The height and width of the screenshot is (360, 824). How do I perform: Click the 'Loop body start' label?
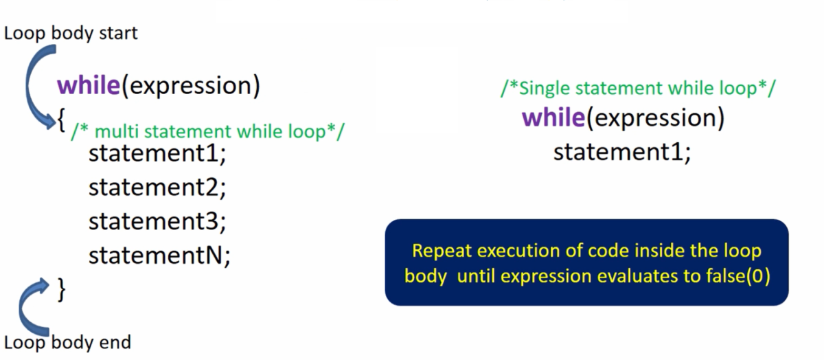(71, 34)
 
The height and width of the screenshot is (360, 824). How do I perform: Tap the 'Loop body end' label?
(67, 343)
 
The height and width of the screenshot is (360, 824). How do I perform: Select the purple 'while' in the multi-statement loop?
(89, 85)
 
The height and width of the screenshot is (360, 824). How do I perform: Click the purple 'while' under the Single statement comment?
(553, 117)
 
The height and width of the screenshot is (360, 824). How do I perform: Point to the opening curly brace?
(61, 120)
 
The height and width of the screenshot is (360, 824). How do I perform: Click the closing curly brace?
(61, 290)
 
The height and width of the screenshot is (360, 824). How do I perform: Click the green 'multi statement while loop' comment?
(208, 132)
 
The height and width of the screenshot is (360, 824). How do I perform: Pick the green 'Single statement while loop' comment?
(638, 89)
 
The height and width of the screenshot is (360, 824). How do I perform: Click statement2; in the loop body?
(157, 188)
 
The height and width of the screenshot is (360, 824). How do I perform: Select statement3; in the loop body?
(157, 221)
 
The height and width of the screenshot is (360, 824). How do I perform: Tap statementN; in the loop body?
(159, 255)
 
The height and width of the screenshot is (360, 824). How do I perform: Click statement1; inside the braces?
(157, 153)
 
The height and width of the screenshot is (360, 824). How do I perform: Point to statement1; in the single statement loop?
(622, 152)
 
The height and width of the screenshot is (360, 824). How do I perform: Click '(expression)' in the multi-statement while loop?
(191, 86)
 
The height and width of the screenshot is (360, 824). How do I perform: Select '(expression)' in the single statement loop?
(656, 118)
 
